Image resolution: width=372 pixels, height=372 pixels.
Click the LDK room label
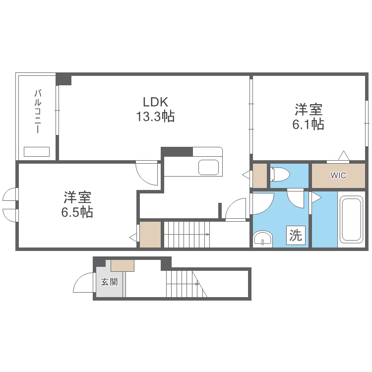pos(156,102)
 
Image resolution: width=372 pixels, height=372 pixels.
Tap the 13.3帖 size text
pos(156,117)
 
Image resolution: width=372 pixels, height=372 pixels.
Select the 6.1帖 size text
pos(308,124)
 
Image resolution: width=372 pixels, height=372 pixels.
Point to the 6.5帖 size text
pos(77,212)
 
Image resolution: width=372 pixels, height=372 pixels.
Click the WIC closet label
pos(338,176)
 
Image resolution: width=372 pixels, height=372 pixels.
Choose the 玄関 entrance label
pos(109,282)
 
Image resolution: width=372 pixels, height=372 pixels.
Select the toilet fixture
pos(280,175)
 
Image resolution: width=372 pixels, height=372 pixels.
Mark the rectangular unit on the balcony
pos(37,151)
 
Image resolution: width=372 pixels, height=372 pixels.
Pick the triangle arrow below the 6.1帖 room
pos(343,156)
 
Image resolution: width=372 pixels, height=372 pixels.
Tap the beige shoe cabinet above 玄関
pos(123,265)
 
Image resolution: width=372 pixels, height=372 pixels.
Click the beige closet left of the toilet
pos(260,176)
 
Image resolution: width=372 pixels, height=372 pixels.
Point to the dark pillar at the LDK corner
pos(64,79)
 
